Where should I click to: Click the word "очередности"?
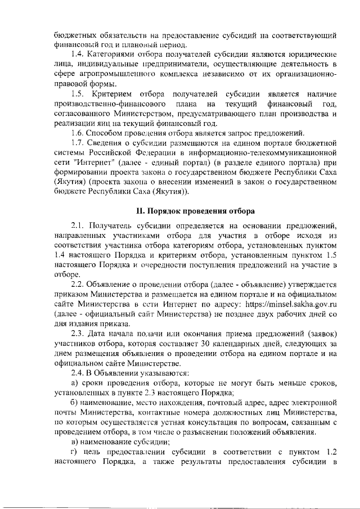click(165, 263)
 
